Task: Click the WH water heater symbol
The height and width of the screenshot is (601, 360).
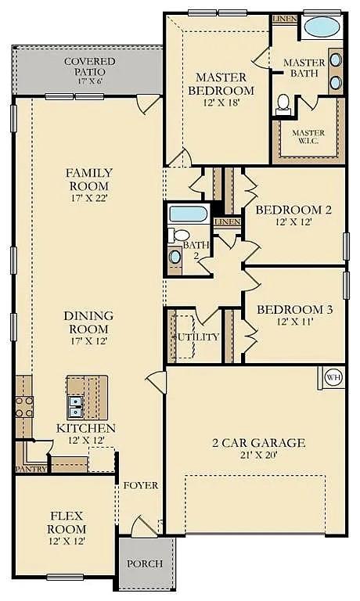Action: [x=333, y=377]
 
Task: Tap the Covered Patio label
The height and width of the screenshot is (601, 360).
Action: [x=89, y=67]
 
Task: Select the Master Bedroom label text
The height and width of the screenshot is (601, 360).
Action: [x=221, y=84]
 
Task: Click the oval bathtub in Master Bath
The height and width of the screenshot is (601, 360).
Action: [x=321, y=27]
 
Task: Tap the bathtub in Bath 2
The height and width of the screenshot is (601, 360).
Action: [x=188, y=214]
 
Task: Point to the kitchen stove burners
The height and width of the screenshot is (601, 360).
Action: [x=23, y=405]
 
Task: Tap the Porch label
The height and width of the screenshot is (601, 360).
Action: [x=145, y=563]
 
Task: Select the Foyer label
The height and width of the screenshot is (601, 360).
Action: [x=141, y=485]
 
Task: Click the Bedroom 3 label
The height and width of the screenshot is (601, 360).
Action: [x=295, y=310]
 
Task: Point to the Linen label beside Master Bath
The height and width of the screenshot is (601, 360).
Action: [x=281, y=18]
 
